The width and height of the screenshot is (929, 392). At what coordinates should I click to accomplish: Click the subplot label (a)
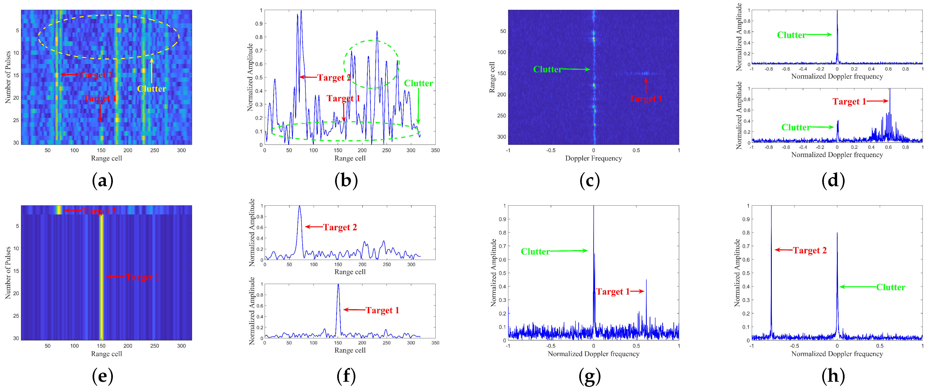tap(102, 180)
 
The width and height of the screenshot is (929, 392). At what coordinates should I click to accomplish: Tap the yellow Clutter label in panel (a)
tap(152, 89)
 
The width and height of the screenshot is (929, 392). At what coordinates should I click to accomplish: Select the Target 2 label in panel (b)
tap(334, 78)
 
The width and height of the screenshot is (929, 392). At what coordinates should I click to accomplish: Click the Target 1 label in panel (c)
tap(645, 98)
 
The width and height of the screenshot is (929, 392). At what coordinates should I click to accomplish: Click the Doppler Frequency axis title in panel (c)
tap(593, 158)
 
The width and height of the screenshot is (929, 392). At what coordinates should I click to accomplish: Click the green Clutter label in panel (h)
tap(891, 287)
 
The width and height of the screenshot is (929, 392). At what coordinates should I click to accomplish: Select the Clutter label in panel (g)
tap(535, 252)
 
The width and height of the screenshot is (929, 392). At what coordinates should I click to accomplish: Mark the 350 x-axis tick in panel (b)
tap(435, 150)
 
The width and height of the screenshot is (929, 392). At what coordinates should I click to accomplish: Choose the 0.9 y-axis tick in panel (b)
tap(259, 24)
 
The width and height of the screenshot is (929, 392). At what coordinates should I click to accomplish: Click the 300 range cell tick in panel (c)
tap(501, 137)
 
